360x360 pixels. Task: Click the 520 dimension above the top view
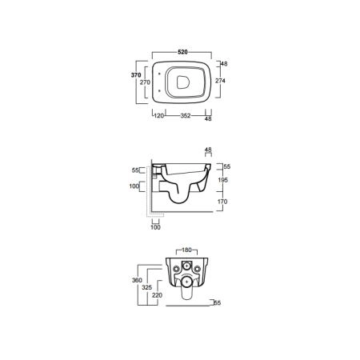[x=182, y=52]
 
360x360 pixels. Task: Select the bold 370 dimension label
[x=136, y=75]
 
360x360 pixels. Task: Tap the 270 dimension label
[x=145, y=82]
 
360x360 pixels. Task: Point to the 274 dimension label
[x=220, y=81]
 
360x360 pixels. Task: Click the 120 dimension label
[x=159, y=116]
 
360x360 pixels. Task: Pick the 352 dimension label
[x=186, y=116]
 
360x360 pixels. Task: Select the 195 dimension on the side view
[x=222, y=180]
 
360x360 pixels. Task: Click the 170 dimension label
[x=222, y=202]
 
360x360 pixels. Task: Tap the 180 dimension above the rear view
[x=186, y=250]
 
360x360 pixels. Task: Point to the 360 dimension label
[x=137, y=280]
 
